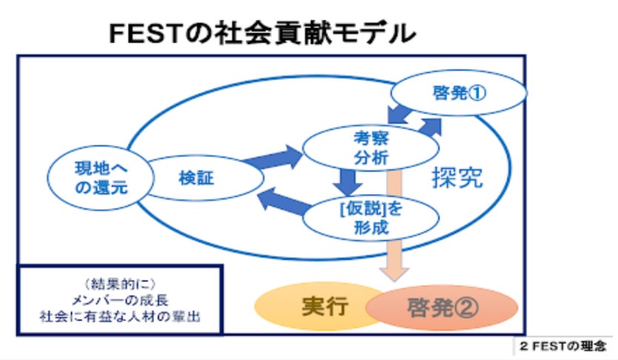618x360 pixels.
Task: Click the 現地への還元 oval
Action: point(93,178)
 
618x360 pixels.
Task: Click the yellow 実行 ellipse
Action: point(324,307)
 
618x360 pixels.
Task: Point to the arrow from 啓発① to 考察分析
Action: point(401,116)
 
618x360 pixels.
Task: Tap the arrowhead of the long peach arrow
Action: point(397,270)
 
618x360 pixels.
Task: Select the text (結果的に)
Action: point(119,283)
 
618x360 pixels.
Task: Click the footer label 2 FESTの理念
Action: point(565,347)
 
